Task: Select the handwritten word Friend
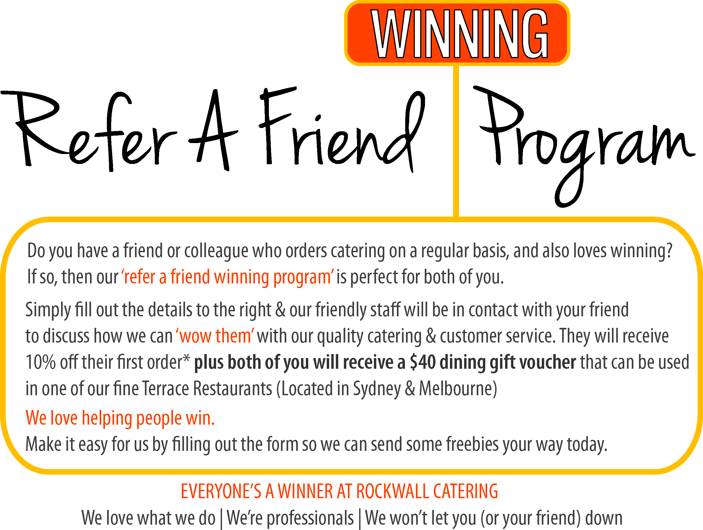(x=342, y=130)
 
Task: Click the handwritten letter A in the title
(x=213, y=130)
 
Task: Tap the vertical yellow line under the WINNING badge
(x=456, y=141)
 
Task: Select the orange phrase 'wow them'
(x=215, y=336)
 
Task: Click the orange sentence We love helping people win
(x=120, y=418)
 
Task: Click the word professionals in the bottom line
(x=310, y=519)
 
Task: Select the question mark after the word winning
(x=669, y=251)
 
